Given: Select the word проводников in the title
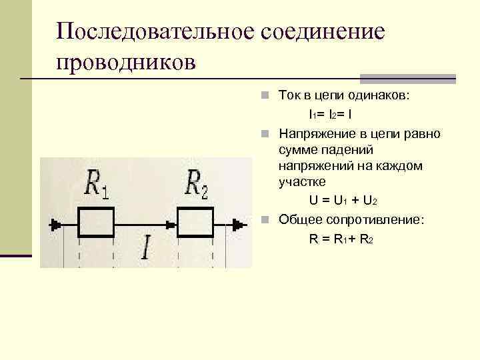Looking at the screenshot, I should [126, 63].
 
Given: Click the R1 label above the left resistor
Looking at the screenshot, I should [97, 183].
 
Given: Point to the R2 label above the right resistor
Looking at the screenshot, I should [197, 183].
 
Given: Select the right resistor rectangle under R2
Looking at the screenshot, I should [195, 221].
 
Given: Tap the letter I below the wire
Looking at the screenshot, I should [146, 247].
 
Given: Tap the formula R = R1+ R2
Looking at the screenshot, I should [341, 239].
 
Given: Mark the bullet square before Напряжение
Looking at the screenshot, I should [265, 134].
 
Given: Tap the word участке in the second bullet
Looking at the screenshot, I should [302, 181].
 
